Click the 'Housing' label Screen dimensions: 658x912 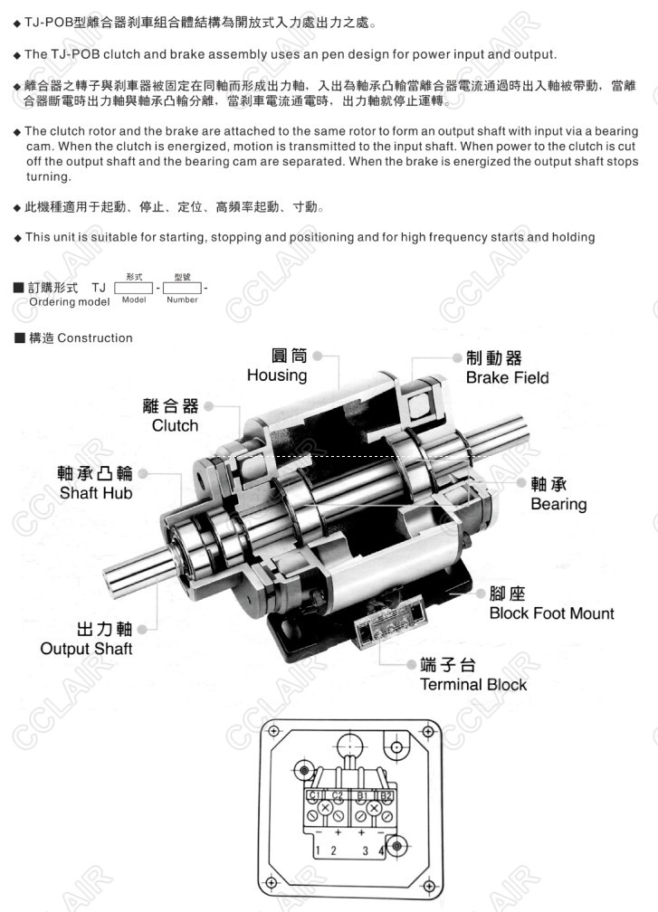coord(277,375)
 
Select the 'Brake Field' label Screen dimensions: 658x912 coord(508,377)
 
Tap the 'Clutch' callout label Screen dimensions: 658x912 coord(175,426)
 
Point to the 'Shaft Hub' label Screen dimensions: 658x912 coord(95,493)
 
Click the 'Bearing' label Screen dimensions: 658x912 coord(558,504)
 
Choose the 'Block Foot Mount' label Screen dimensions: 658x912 coord(551,613)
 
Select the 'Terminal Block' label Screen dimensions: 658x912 coord(473,685)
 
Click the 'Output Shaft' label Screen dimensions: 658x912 coord(86,649)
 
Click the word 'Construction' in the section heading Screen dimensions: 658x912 coord(95,338)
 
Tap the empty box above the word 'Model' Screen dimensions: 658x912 coord(133,288)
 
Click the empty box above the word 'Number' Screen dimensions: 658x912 coord(182,288)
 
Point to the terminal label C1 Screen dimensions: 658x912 coord(314,795)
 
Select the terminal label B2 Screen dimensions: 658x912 coord(386,795)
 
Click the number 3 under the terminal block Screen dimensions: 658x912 coord(365,850)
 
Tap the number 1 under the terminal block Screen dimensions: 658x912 coord(318,850)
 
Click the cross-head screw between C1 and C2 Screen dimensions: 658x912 coord(325,808)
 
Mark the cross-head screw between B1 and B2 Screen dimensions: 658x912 coord(374,808)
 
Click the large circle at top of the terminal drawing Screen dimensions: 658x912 coord(349,746)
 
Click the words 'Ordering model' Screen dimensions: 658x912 coord(69,302)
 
